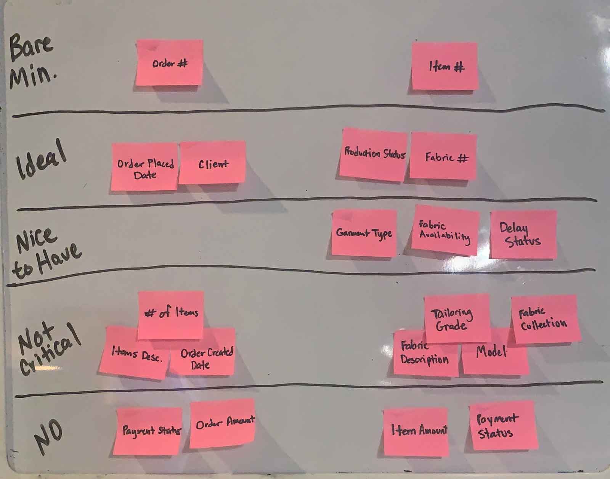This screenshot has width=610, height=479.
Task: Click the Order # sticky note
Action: [169, 63]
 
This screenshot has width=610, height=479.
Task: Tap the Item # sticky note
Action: [445, 67]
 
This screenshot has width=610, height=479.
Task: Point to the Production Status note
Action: [374, 154]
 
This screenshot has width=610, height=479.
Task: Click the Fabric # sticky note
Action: [444, 156]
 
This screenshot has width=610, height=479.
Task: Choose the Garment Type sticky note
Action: [364, 233]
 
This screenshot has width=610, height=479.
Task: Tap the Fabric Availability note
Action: [445, 230]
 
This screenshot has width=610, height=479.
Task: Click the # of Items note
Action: [171, 313]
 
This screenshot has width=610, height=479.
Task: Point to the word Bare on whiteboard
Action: [30, 48]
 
